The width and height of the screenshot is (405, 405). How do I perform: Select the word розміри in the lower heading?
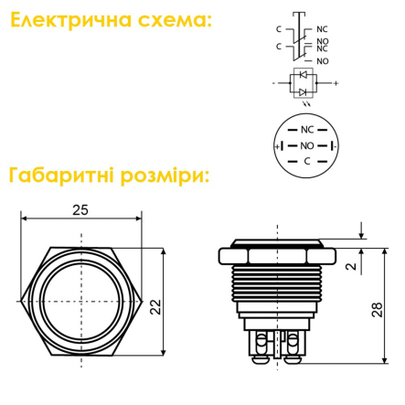tap(163, 176)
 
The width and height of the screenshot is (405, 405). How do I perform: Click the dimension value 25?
tap(80, 210)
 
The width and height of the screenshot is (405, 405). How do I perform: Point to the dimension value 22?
tap(155, 307)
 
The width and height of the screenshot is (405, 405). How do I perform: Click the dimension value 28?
tap(378, 310)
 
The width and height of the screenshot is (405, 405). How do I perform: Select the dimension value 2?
tap(351, 266)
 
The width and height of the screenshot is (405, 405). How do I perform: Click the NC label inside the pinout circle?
tap(307, 130)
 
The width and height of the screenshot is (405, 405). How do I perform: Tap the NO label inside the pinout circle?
tap(307, 146)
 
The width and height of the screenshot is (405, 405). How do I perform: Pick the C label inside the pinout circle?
tap(307, 161)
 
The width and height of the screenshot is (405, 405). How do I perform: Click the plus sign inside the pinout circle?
tap(277, 146)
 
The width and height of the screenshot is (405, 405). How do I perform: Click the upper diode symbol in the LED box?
tap(303, 74)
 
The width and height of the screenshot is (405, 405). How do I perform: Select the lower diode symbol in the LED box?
tap(303, 92)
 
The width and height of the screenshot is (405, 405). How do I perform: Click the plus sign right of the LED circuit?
tap(336, 83)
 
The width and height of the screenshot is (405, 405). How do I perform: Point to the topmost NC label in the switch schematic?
tap(322, 29)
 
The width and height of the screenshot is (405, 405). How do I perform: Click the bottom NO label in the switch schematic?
tap(323, 61)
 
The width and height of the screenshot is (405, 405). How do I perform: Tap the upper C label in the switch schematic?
tap(279, 29)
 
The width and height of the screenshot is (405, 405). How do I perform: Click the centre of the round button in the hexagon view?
tap(81, 302)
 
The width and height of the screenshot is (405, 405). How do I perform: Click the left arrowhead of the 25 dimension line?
tap(24, 218)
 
